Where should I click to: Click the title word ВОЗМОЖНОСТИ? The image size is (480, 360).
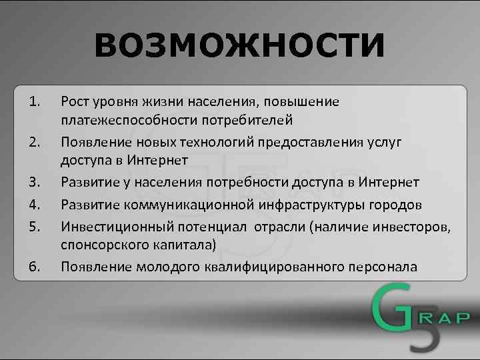pyautogui.click(x=239, y=46)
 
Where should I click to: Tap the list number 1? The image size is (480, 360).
pyautogui.click(x=35, y=101)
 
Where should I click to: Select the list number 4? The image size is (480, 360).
pyautogui.click(x=35, y=204)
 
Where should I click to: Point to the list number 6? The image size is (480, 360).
pyautogui.click(x=35, y=267)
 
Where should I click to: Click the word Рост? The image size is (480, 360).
pyautogui.click(x=73, y=101)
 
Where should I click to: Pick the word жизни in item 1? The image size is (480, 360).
pyautogui.click(x=162, y=101)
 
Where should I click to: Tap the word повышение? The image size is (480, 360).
pyautogui.click(x=303, y=101)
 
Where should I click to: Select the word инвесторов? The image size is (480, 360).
pyautogui.click(x=413, y=226)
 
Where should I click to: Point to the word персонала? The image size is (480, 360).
pyautogui.click(x=383, y=267)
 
